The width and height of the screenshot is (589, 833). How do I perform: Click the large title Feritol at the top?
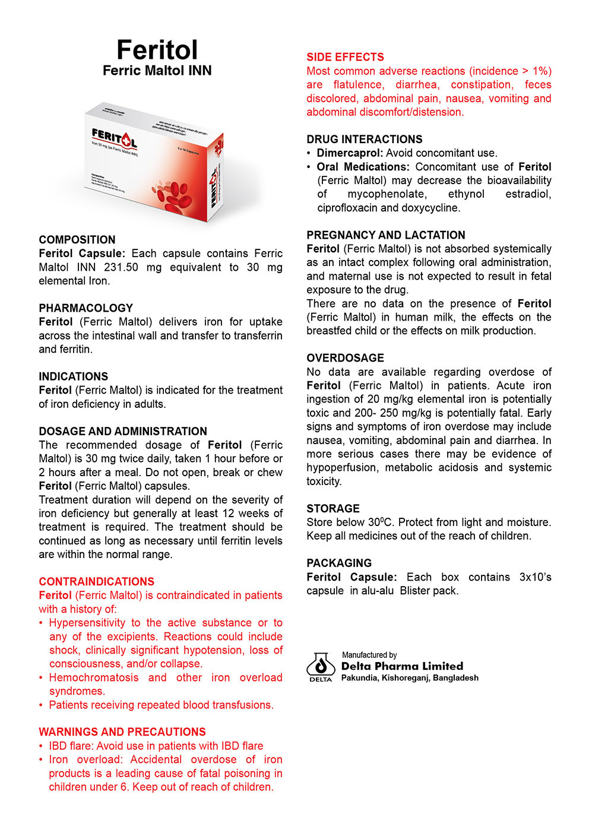157,50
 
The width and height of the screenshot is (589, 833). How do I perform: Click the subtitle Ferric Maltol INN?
157,71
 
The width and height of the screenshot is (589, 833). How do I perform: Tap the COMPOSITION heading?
77,240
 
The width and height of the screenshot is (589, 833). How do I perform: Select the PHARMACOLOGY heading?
86,308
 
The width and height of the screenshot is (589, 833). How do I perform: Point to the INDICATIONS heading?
74,376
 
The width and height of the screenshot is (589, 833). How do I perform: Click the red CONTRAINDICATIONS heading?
97,582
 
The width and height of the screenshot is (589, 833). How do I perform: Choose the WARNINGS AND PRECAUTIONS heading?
122,732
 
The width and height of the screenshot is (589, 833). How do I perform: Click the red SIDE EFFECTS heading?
345,57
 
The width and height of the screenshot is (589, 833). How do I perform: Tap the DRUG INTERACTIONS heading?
365,140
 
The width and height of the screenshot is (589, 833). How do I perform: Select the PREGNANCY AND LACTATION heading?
386,235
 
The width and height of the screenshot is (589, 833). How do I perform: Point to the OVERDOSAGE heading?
345,358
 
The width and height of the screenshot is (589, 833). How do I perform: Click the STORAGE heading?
333,509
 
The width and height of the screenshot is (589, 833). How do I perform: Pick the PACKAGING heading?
339,563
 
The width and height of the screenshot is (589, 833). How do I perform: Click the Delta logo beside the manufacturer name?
321,667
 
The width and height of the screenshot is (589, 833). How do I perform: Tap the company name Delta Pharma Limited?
402,666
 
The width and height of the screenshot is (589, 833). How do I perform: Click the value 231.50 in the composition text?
121,267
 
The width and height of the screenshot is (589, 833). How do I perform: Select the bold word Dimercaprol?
349,153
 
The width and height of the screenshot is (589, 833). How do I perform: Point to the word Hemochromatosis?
94,677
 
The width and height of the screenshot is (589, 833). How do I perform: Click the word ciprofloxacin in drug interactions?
347,208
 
